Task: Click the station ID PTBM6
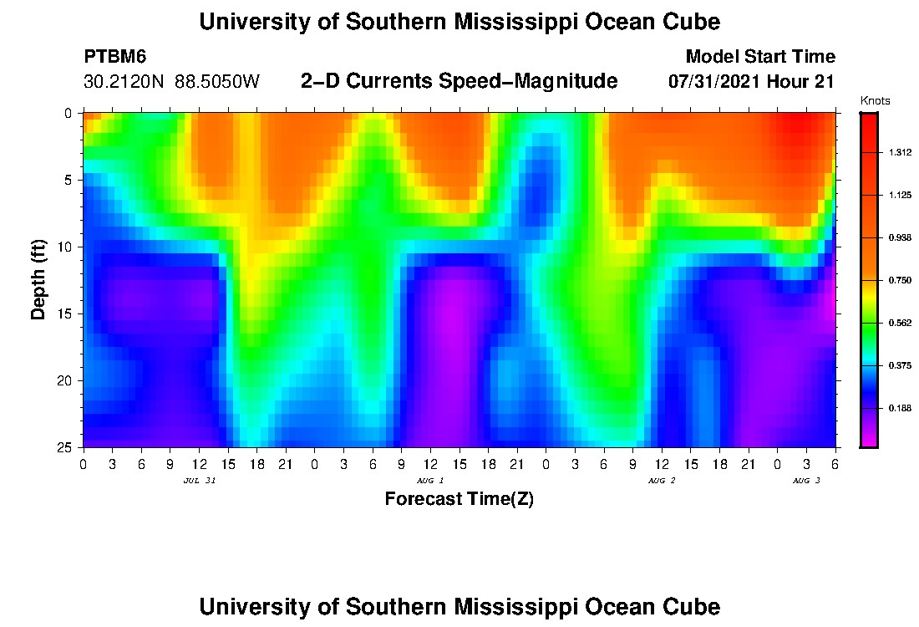(115, 57)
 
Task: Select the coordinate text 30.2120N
(124, 82)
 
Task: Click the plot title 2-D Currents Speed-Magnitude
(459, 81)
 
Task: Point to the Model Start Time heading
(759, 57)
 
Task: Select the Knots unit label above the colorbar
(875, 101)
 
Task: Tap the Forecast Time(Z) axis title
(459, 499)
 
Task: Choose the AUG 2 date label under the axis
(662, 481)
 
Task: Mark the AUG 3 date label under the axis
(806, 481)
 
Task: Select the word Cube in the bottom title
(692, 606)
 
